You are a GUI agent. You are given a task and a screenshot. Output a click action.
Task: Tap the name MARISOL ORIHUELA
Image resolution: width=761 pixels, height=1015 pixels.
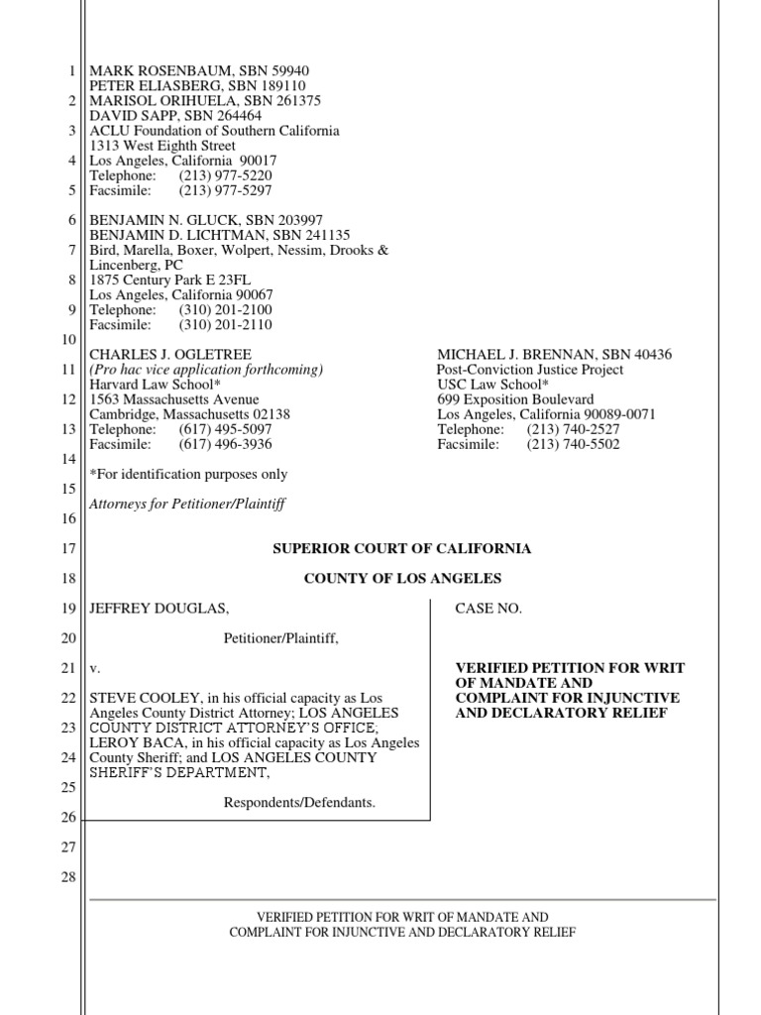pos(154,101)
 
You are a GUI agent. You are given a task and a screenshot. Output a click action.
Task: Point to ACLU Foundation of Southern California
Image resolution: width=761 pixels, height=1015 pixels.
pos(214,131)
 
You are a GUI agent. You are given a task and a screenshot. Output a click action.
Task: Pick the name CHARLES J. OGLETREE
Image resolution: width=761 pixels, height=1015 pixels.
pos(170,355)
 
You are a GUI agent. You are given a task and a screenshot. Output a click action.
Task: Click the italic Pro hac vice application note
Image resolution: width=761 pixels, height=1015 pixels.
pos(206,370)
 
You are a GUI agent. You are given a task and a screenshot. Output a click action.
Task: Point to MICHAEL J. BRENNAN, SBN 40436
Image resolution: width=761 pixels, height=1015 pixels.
pos(554,355)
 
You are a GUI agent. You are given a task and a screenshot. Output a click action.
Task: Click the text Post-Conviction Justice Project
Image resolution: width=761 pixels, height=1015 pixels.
pos(530,370)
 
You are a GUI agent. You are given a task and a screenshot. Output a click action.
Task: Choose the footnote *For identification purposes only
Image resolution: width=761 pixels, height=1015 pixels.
pos(188,475)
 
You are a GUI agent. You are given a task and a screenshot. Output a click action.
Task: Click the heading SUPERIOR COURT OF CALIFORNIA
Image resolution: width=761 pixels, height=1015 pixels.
pos(402,548)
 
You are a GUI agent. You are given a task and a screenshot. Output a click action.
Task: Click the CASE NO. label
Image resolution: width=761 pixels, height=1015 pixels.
pos(488,609)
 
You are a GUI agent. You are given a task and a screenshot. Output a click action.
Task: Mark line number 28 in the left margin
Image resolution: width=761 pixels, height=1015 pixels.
pos(68,877)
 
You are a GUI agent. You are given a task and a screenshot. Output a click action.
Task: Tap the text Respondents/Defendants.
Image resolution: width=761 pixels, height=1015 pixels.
pos(299,802)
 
